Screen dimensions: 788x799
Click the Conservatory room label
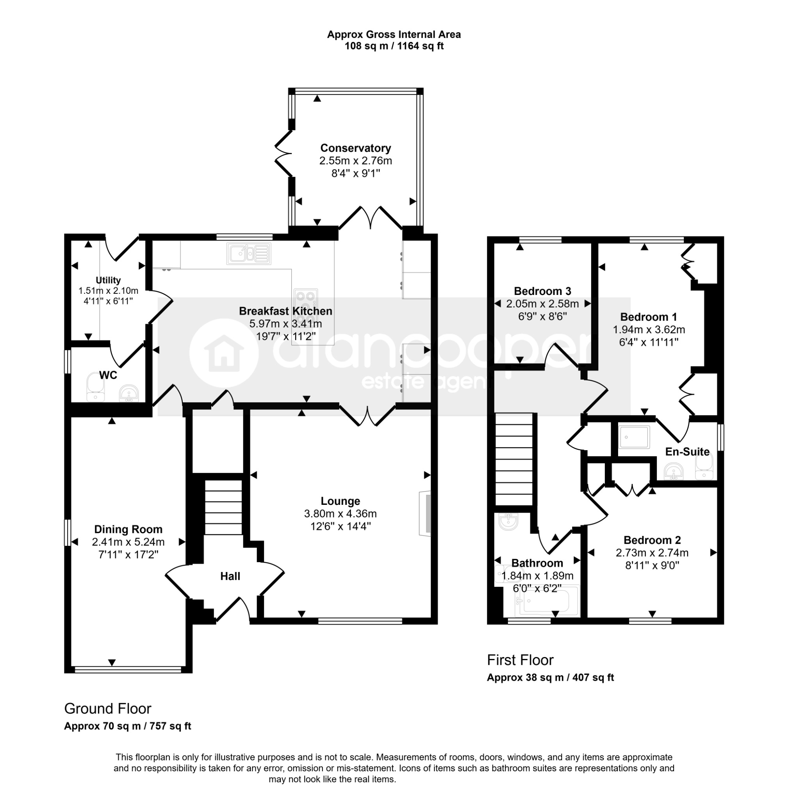[355, 148]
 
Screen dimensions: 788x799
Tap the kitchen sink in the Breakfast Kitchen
[249, 254]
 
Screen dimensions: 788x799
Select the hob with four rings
[306, 302]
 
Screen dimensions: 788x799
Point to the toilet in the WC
[96, 387]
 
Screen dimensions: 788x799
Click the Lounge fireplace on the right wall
[425, 514]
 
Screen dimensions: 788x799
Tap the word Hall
[230, 576]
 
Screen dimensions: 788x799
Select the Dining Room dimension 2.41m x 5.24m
[128, 542]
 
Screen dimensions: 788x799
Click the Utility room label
[108, 280]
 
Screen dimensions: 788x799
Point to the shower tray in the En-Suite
[634, 437]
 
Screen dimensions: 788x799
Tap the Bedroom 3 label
[542, 291]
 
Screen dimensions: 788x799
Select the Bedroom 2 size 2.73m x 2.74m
[652, 552]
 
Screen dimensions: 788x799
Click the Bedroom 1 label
[649, 317]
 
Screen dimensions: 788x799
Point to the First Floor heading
[520, 660]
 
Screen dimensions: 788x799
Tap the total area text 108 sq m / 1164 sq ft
[394, 46]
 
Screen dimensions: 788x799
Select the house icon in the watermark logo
[224, 353]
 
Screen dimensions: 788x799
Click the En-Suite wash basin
[674, 471]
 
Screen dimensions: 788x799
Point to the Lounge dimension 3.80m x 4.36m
[341, 514]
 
